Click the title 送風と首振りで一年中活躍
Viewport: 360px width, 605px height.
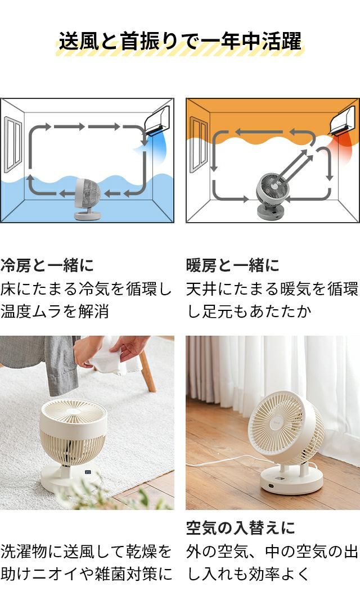tap(180, 42)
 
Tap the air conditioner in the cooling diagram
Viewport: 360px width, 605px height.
tap(157, 120)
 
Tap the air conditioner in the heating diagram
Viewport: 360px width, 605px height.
tap(342, 120)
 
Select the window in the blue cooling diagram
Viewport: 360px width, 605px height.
tap(13, 145)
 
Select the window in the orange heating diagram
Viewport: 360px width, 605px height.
tap(199, 144)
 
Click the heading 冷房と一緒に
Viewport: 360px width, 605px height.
tap(47, 265)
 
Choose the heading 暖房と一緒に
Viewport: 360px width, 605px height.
tap(233, 265)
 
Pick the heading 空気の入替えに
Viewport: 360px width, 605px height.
tap(240, 528)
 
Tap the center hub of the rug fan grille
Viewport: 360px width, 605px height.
tap(73, 411)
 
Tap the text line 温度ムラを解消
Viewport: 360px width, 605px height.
tap(55, 311)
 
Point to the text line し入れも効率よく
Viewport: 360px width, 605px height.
tap(248, 574)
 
